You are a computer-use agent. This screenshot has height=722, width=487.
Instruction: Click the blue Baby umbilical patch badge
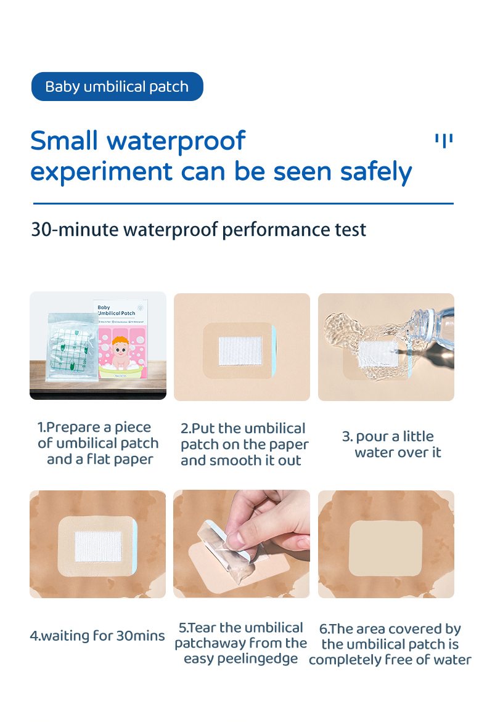[117, 87]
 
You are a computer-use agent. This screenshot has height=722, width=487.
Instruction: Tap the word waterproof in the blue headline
[176, 141]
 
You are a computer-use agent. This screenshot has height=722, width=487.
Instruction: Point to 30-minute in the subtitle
[75, 230]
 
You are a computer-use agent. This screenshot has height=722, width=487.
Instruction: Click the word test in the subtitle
[350, 230]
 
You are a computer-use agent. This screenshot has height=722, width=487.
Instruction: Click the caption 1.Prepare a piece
[94, 428]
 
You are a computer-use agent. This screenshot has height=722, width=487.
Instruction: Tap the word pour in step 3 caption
[372, 437]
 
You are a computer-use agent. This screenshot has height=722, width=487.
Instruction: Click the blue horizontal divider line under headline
[243, 203]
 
